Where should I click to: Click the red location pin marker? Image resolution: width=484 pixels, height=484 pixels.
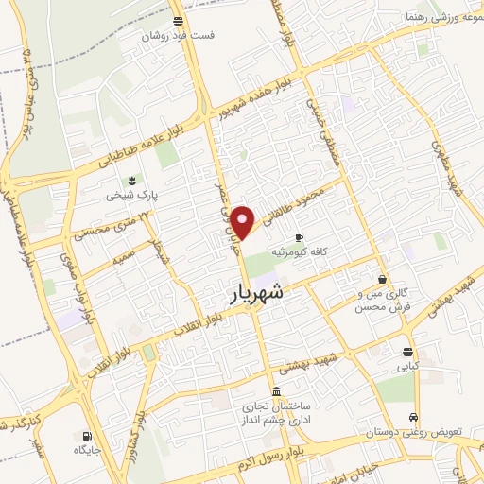click(244, 222)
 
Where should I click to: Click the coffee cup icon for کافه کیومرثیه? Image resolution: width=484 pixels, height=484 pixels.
click(300, 237)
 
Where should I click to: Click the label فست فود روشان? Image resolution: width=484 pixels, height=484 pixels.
click(179, 36)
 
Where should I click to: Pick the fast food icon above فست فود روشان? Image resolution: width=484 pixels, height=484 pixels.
click(179, 20)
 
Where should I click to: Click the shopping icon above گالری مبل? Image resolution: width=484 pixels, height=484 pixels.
click(382, 280)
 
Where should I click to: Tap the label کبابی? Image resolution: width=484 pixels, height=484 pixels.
click(406, 366)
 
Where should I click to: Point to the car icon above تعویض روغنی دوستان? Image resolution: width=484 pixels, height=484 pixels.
click(413, 417)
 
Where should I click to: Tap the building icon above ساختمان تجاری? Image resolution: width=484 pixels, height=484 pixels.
click(275, 391)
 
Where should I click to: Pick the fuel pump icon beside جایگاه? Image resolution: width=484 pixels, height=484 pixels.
click(88, 437)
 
